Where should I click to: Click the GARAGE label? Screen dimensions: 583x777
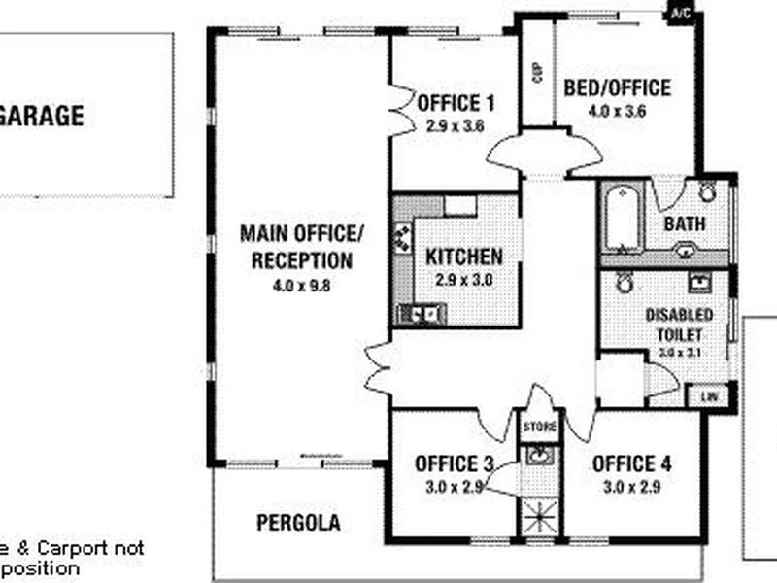coord(41,117)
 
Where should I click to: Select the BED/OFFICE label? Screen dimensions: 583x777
coord(617,88)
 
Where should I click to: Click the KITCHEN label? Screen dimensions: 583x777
coord(464,257)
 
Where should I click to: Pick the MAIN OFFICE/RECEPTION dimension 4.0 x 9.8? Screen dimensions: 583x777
coord(301,286)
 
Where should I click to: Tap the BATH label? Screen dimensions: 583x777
coord(685,224)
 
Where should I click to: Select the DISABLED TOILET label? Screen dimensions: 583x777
coord(679,325)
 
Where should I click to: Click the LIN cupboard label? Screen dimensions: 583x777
coord(708,396)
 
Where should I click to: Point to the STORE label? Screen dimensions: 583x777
coord(540,427)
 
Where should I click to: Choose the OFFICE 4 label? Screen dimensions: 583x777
coord(631,463)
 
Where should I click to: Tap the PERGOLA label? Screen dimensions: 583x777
coord(298,523)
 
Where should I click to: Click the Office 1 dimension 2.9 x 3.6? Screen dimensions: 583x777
coord(455,125)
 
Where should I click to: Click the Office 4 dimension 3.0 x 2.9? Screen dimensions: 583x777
coord(631,487)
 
